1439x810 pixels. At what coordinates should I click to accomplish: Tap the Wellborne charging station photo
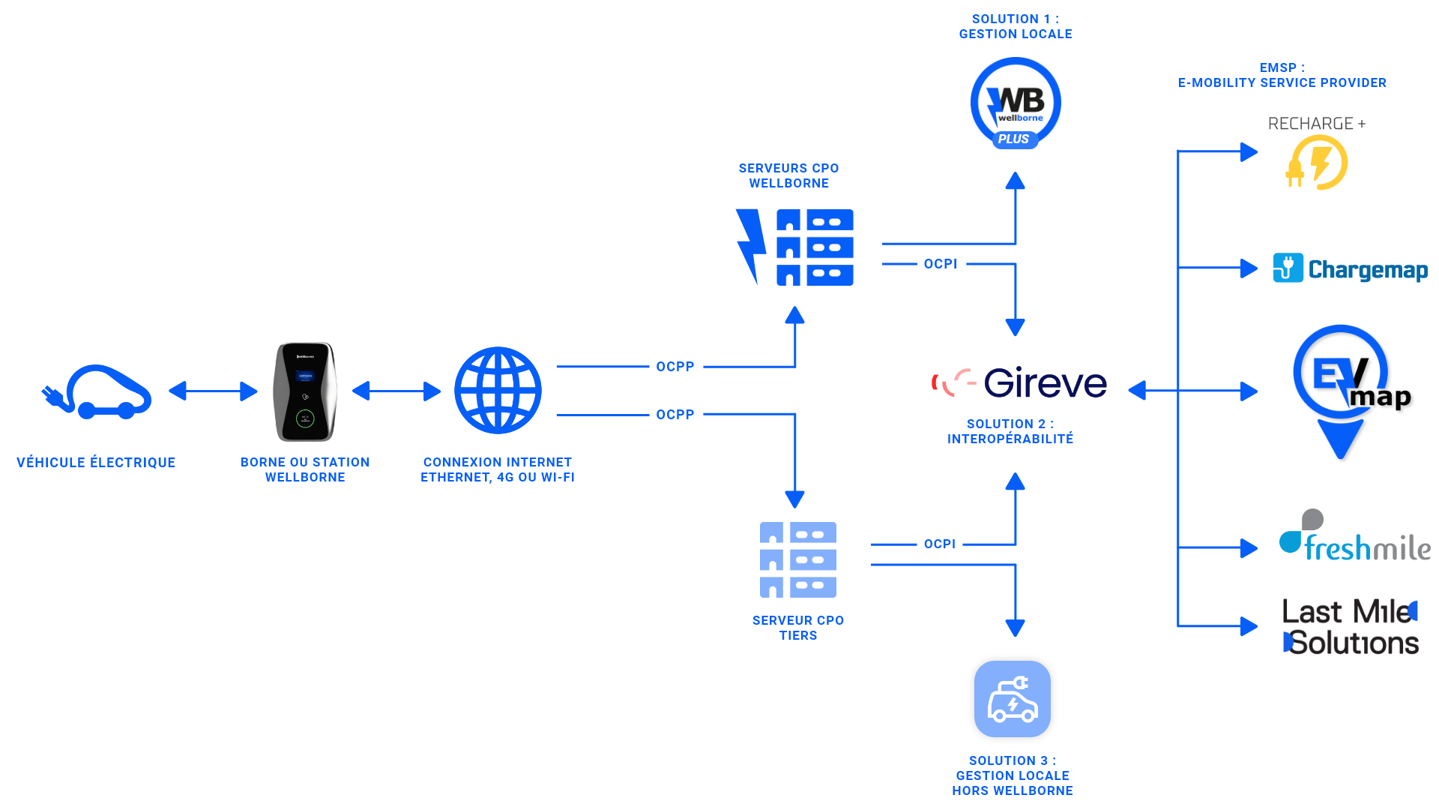click(x=305, y=391)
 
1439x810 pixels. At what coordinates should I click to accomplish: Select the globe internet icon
click(x=498, y=390)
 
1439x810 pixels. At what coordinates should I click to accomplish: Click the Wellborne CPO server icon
click(x=794, y=247)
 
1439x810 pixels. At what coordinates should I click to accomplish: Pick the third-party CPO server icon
click(x=798, y=559)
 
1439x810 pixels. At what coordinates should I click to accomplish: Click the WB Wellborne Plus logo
click(x=1016, y=103)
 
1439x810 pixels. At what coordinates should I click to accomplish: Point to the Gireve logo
click(x=1019, y=382)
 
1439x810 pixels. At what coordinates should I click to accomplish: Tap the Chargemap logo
click(x=1351, y=268)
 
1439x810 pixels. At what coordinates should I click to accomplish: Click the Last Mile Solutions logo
click(x=1351, y=627)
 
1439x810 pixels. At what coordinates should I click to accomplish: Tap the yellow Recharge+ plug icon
click(x=1317, y=163)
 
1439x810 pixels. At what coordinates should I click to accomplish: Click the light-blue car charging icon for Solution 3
click(x=1013, y=699)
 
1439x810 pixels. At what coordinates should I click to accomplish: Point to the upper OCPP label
click(x=675, y=367)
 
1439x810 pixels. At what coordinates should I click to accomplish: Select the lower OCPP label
click(x=675, y=415)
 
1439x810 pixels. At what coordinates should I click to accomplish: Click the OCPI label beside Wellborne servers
click(x=941, y=264)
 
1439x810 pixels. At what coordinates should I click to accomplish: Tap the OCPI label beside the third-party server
click(x=940, y=544)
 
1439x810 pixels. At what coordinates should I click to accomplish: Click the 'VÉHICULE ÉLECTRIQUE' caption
click(x=96, y=463)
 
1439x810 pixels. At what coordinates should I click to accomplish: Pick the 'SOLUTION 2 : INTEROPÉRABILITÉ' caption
click(x=1010, y=431)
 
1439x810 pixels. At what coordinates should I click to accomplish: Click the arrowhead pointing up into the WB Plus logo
click(x=1016, y=181)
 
